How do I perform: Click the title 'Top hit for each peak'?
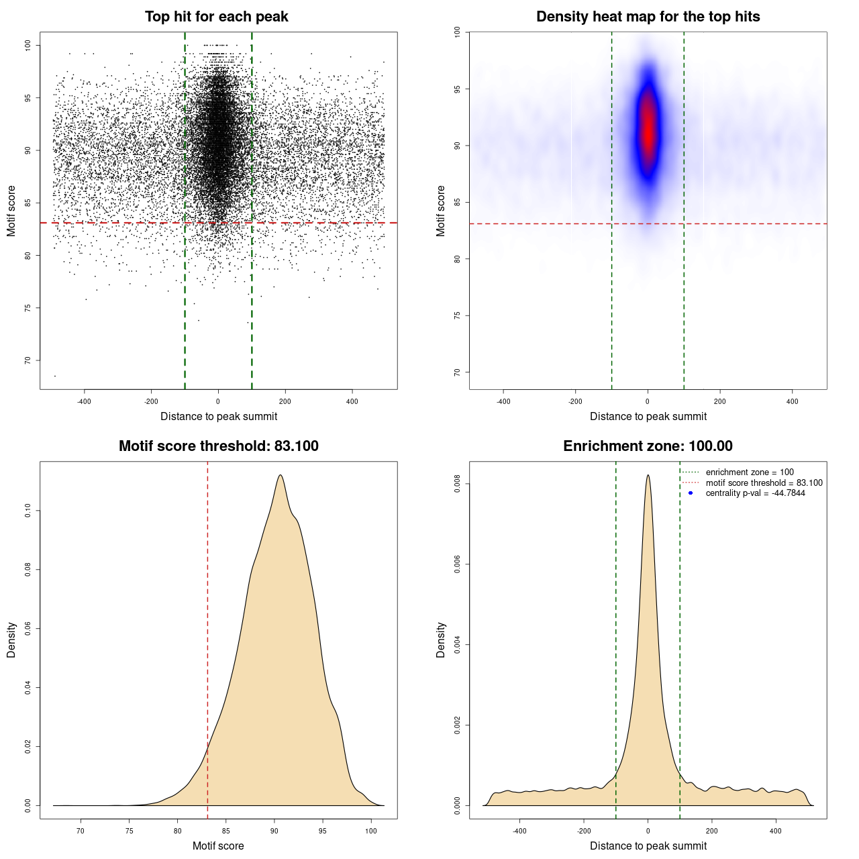pyautogui.click(x=216, y=17)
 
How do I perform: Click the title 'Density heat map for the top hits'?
pyautogui.click(x=648, y=17)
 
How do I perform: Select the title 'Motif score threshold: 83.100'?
pyautogui.click(x=218, y=446)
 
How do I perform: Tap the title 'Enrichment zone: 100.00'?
pyautogui.click(x=648, y=446)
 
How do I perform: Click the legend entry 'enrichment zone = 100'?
pyautogui.click(x=750, y=472)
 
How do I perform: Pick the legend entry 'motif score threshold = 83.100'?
pyautogui.click(x=764, y=483)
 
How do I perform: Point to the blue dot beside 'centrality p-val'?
pyautogui.click(x=691, y=493)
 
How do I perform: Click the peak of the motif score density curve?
pyautogui.click(x=280, y=475)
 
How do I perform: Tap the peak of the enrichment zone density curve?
pyautogui.click(x=648, y=475)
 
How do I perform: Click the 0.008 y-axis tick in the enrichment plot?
pyautogui.click(x=457, y=484)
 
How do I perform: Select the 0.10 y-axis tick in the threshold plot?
pyautogui.click(x=28, y=511)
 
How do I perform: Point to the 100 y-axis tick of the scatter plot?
pyautogui.click(x=28, y=45)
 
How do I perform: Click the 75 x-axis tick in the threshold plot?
pyautogui.click(x=130, y=831)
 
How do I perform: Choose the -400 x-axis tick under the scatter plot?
pyautogui.click(x=84, y=401)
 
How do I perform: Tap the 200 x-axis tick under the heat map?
pyautogui.click(x=720, y=401)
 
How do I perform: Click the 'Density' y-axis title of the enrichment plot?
pyautogui.click(x=441, y=640)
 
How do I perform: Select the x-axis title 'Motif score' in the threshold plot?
pyautogui.click(x=218, y=846)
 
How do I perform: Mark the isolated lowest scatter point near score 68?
pyautogui.click(x=55, y=375)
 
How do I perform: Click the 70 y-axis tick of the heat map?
pyautogui.click(x=457, y=372)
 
